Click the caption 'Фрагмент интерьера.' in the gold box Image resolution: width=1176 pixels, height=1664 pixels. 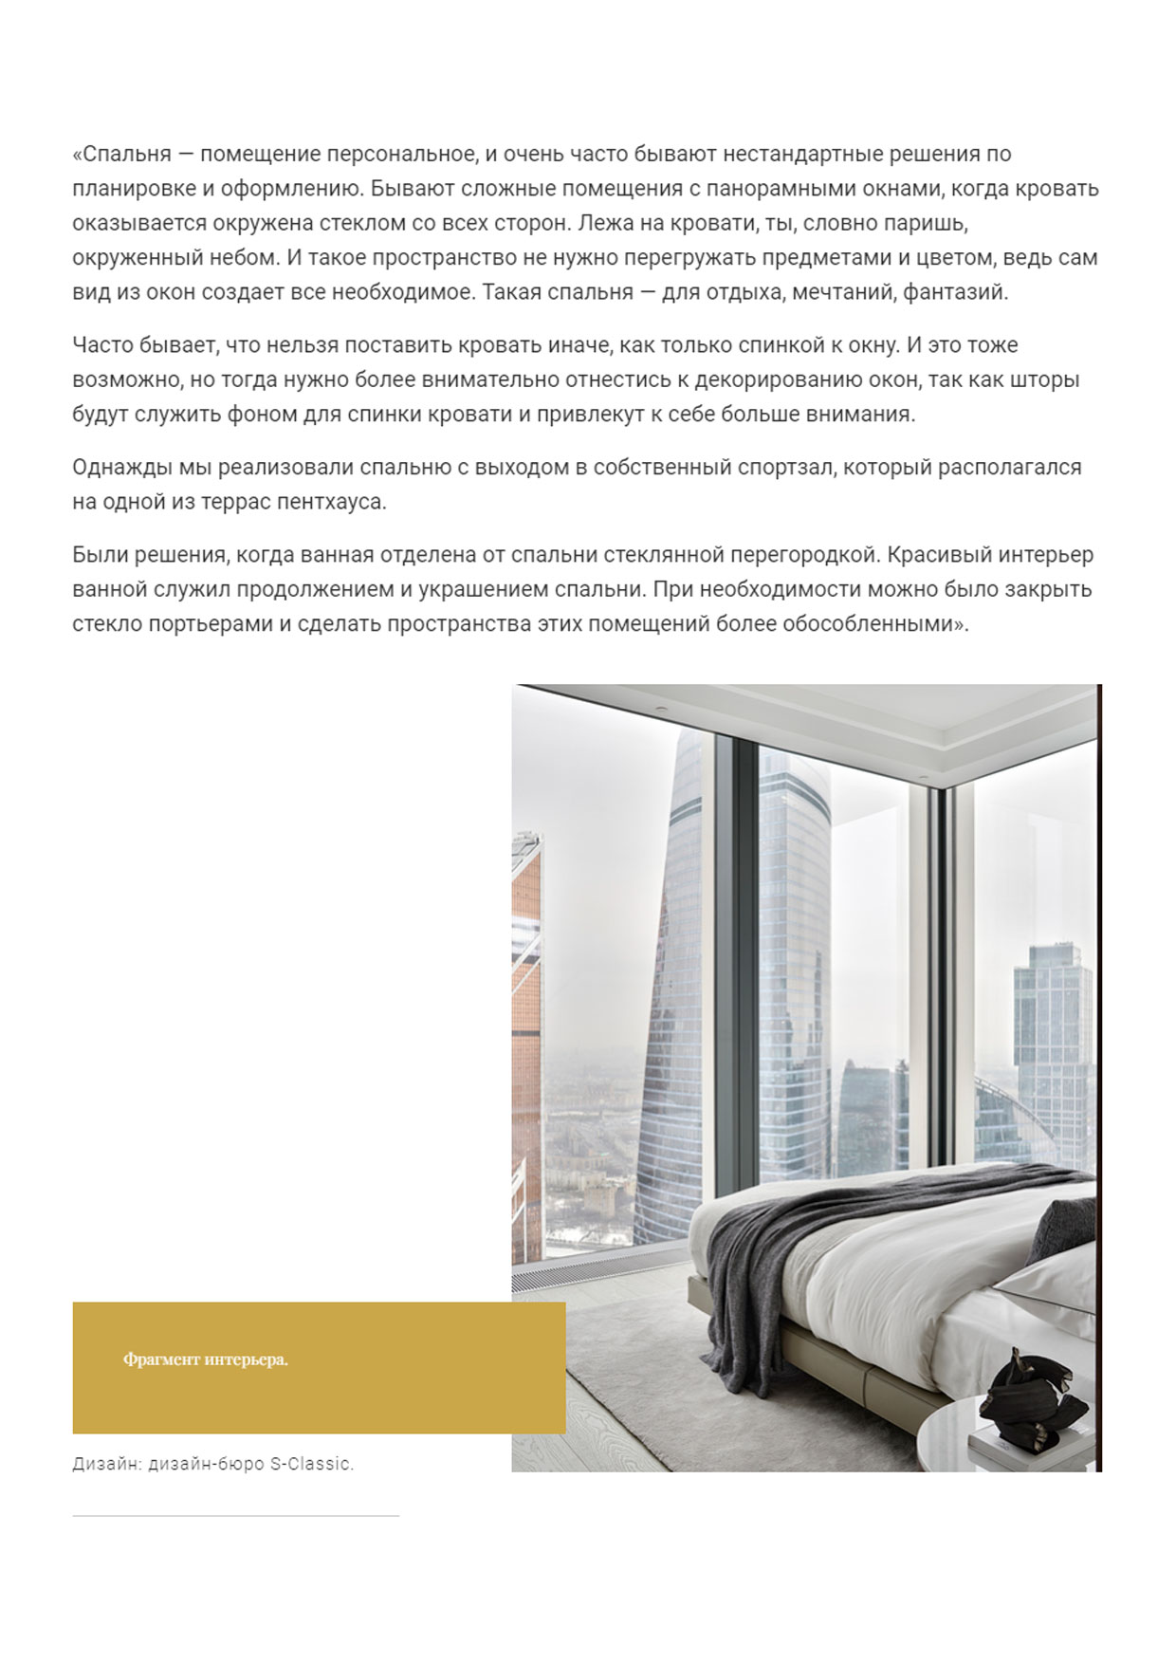205,1359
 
